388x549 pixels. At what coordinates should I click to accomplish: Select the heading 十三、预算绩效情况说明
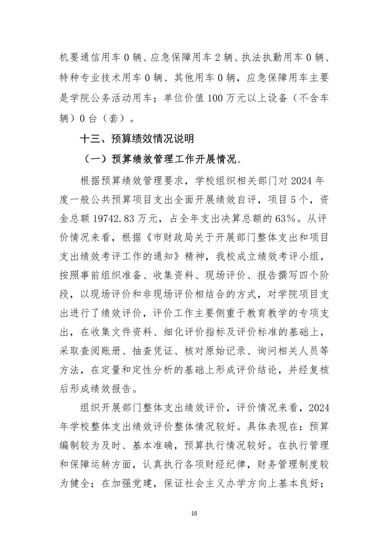pos(137,138)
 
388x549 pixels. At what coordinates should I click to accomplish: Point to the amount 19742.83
pos(113,218)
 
